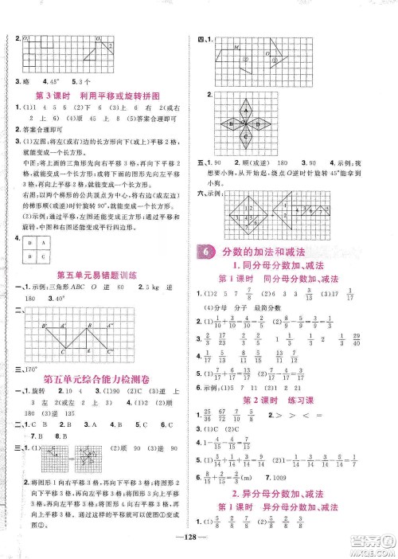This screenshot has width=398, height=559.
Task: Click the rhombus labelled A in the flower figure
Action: pyautogui.click(x=245, y=110)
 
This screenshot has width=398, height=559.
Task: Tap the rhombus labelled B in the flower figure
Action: pyautogui.click(x=231, y=123)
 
